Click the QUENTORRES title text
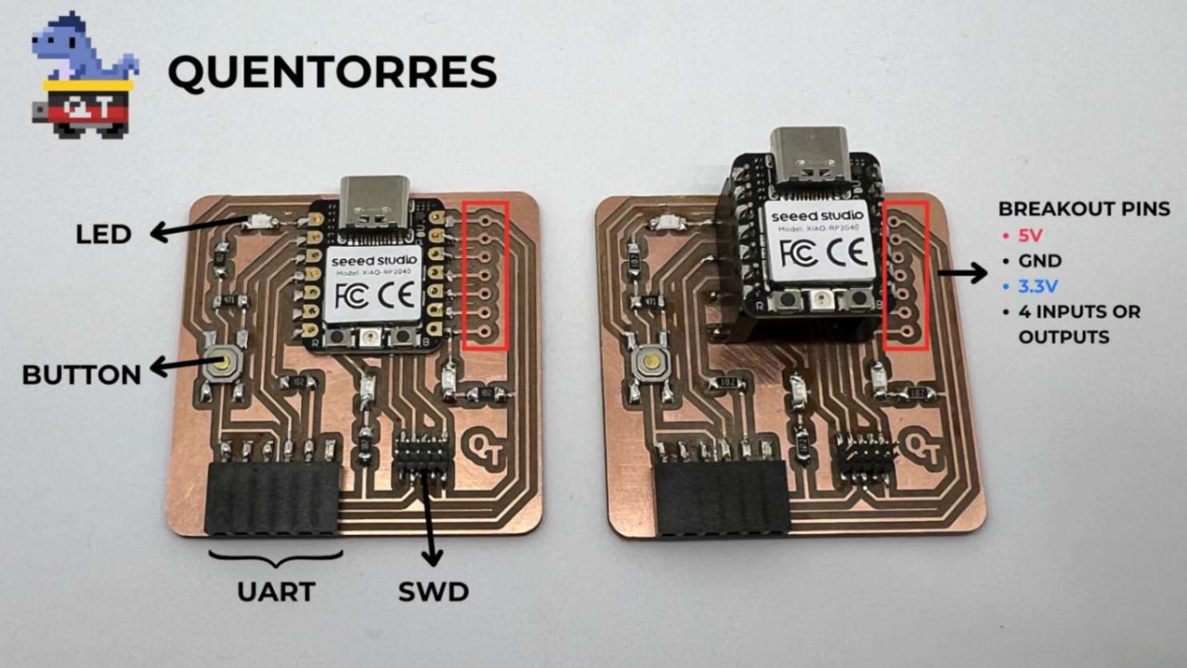pos(331,72)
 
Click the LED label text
pos(103,235)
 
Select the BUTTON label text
pos(81,375)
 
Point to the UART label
pos(275,592)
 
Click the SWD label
pos(433,592)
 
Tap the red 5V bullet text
pos(1030,235)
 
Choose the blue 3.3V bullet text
pos(1038,286)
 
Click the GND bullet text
pos(1040,261)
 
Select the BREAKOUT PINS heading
pos(1084,209)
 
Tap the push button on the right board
pos(650,364)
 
